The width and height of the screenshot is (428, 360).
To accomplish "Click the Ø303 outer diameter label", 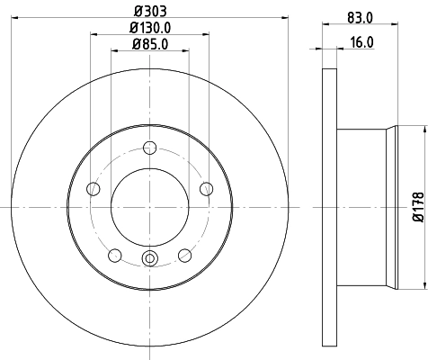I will coord(149,11).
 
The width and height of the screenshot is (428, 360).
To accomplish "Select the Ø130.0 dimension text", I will coord(149,27).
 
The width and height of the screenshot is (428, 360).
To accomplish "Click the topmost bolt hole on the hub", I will coord(149,149).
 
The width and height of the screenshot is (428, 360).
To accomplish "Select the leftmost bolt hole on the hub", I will coord(92,188).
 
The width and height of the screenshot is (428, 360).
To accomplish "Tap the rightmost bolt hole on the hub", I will coord(207,188).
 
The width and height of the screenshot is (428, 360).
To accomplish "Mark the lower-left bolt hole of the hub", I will coord(114,256).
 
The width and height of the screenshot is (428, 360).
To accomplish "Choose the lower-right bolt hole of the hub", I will coord(185,256).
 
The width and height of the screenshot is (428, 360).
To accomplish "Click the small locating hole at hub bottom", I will coord(149,261).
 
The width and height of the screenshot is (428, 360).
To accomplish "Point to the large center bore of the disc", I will coord(149,208).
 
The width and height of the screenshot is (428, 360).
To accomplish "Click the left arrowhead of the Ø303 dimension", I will coord(16,18).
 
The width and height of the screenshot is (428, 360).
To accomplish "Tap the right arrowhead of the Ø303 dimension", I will coord(284,18).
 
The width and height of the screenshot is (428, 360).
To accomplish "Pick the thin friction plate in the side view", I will coord(328,208).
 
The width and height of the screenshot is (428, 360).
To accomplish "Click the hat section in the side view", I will coord(364,208).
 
